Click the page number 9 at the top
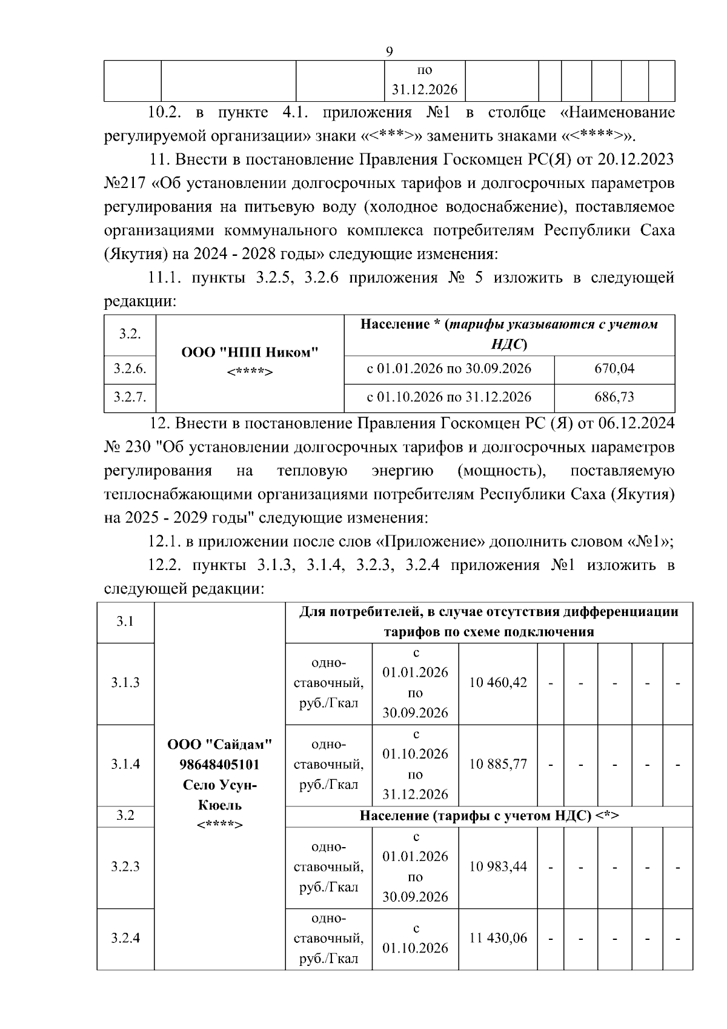click(389, 52)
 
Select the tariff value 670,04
click(614, 369)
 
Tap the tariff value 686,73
click(614, 397)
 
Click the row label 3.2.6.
click(130, 369)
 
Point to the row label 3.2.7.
click(130, 397)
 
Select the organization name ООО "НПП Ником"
click(250, 352)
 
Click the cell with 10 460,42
click(498, 683)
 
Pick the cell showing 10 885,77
click(498, 764)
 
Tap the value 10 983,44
click(498, 866)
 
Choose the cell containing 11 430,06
click(498, 938)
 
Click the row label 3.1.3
click(125, 683)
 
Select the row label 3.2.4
click(125, 938)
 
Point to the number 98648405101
click(219, 764)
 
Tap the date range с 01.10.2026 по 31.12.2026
click(449, 397)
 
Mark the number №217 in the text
click(124, 183)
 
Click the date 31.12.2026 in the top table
click(424, 90)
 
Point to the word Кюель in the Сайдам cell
click(219, 805)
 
